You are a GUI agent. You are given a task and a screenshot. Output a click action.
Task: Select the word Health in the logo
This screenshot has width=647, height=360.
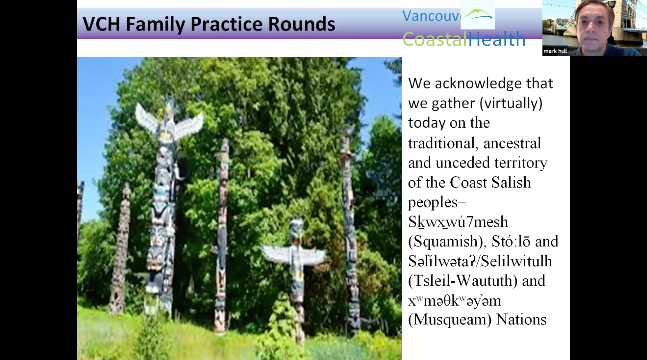(x=497, y=39)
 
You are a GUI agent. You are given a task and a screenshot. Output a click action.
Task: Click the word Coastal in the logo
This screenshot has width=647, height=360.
(x=435, y=39)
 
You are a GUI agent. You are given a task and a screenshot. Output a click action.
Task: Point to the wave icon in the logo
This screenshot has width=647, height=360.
(x=478, y=14)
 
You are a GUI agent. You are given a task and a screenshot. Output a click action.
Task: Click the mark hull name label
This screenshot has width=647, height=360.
(x=555, y=51)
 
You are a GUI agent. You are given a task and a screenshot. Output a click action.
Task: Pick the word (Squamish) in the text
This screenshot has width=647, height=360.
(x=446, y=242)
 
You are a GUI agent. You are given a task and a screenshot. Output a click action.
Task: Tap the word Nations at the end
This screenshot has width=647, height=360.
(x=521, y=319)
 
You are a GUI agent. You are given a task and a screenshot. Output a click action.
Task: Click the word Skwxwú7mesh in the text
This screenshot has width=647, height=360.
(x=458, y=222)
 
